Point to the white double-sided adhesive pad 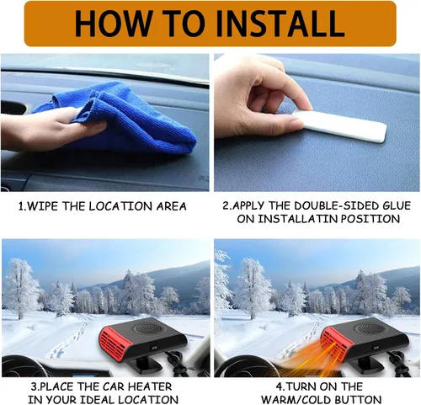pyautogui.click(x=341, y=125)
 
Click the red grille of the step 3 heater pyautogui.click(x=115, y=342)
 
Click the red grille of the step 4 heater pyautogui.click(x=336, y=342)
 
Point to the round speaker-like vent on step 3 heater pyautogui.click(x=145, y=328)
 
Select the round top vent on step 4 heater pyautogui.click(x=365, y=328)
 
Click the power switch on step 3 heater pyautogui.click(x=154, y=348)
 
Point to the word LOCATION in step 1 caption pyautogui.click(x=121, y=206)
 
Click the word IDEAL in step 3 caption pyautogui.click(x=98, y=399)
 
